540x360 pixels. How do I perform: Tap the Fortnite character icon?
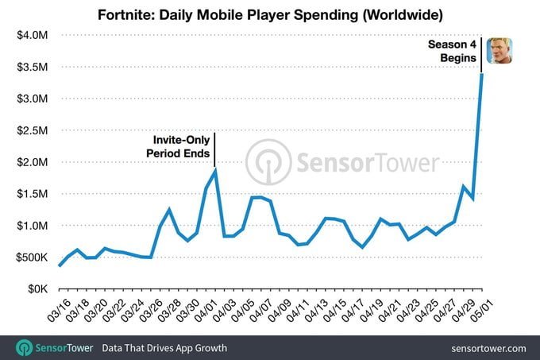point(499,50)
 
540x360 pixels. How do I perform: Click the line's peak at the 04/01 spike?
point(214,170)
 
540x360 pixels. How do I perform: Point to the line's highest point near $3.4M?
point(482,74)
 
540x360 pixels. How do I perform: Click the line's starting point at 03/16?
point(59,266)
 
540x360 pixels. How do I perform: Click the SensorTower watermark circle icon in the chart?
point(268,162)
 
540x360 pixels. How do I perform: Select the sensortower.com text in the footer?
point(487,348)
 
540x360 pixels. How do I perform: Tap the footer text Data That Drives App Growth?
point(164,348)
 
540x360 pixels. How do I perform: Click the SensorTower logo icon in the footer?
point(25,348)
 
